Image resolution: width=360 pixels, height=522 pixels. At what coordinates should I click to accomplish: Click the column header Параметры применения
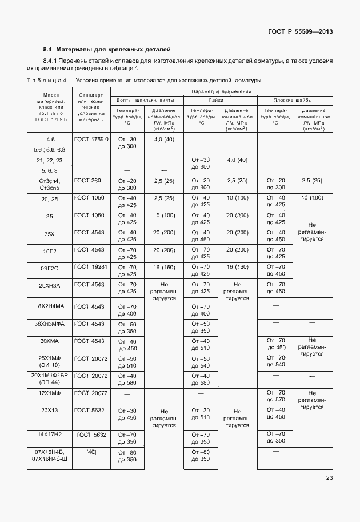221,91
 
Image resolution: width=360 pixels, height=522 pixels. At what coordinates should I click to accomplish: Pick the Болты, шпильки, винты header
146,100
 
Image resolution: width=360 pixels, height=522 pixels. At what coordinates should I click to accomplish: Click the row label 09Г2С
49,267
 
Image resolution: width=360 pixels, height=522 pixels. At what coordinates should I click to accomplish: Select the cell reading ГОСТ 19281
91,267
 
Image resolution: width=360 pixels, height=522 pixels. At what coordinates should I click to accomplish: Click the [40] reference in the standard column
91,452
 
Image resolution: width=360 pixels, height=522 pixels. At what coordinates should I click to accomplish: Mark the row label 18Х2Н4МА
49,306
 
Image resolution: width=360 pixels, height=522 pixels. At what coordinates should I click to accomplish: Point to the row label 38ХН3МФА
49,324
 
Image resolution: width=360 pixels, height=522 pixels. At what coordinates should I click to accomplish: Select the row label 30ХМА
49,341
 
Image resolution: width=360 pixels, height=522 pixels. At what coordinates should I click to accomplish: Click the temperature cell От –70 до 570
273,396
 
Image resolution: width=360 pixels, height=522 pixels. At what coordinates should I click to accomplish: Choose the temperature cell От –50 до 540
200,362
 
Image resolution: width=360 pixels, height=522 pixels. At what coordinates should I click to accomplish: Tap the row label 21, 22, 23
49,160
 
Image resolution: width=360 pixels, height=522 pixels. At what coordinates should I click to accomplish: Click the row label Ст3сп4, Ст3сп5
49,184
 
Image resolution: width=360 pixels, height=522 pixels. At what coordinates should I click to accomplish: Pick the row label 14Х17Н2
49,435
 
